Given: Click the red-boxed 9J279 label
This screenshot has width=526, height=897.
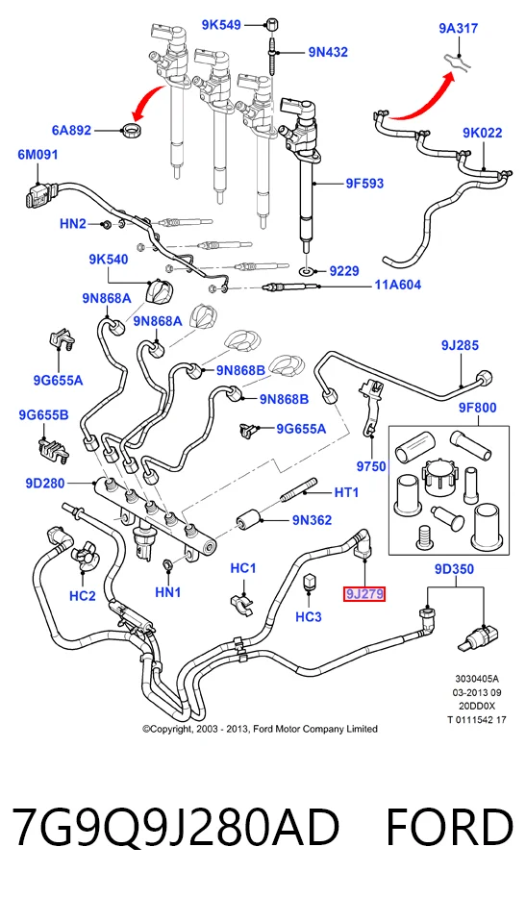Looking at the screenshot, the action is (x=364, y=594).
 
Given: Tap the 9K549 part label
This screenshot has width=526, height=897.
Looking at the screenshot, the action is (x=221, y=25).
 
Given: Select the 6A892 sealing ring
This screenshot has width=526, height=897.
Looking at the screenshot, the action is (x=133, y=129).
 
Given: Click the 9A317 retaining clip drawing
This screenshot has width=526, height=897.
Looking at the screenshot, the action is (x=458, y=61).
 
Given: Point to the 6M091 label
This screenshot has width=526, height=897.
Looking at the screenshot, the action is (x=38, y=155).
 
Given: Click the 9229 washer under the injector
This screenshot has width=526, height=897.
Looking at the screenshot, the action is (x=308, y=270).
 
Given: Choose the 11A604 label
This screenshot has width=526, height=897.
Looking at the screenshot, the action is (x=398, y=285).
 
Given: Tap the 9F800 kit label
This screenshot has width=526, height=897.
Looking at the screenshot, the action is (x=477, y=408).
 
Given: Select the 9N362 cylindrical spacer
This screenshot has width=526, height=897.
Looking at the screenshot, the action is (x=249, y=519).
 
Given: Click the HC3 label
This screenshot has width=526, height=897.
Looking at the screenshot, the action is (x=309, y=616).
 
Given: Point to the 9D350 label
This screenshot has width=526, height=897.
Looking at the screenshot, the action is (x=455, y=569).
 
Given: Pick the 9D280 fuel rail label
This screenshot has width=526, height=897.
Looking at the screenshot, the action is (x=45, y=484).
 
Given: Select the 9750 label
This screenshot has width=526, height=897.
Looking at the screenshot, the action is (x=371, y=466).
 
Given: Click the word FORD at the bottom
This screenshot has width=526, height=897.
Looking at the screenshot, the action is (x=450, y=827).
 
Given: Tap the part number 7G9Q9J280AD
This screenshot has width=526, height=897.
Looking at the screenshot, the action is (x=176, y=827).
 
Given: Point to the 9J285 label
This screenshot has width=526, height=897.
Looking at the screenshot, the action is (x=461, y=345).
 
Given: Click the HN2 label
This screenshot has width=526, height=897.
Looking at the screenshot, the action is (x=73, y=224).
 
